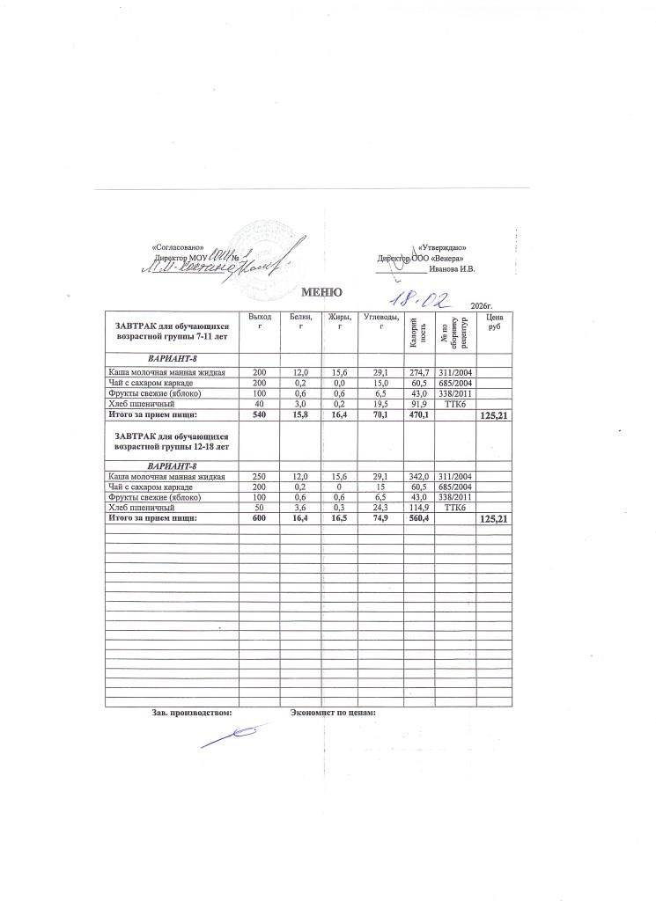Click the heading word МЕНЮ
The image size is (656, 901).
pyautogui.click(x=321, y=291)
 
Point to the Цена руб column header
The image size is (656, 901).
pyautogui.click(x=494, y=321)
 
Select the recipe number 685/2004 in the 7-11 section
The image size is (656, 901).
pyautogui.click(x=455, y=383)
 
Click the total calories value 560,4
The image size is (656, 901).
pyautogui.click(x=418, y=518)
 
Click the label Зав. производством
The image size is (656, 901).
pyautogui.click(x=192, y=712)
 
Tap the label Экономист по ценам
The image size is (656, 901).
pyautogui.click(x=333, y=712)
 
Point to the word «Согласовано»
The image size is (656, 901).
pyautogui.click(x=178, y=247)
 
